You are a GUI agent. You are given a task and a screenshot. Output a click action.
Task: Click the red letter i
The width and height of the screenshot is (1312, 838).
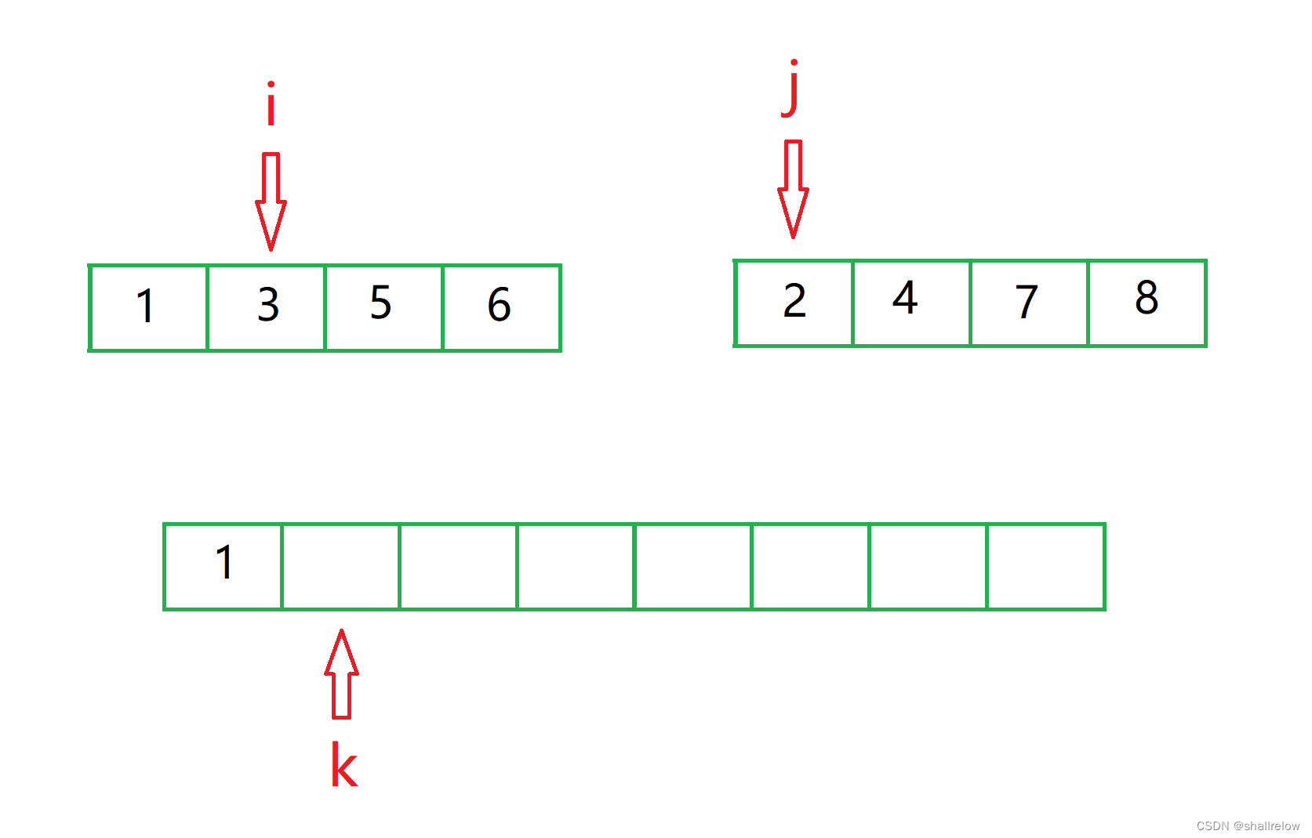271,104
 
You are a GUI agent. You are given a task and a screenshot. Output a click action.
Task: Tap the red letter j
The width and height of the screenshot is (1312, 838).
792,89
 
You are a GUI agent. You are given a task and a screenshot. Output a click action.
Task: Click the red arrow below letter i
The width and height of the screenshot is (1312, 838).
271,201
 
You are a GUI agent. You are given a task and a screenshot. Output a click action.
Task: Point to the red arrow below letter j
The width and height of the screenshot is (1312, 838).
793,189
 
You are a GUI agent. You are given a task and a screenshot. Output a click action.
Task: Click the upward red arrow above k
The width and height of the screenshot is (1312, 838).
341,674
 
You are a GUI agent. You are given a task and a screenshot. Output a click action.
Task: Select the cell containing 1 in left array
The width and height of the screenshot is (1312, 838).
148,308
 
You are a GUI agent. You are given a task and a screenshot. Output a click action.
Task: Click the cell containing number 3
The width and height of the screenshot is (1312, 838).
266,308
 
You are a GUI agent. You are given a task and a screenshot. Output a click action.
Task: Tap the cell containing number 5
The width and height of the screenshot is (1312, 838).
383,308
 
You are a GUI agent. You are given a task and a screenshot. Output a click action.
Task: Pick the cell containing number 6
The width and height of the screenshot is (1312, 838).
501,308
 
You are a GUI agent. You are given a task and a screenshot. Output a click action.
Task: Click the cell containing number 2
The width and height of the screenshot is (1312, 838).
794,303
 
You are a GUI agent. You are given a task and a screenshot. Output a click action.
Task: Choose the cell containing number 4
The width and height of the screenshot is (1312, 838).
911,303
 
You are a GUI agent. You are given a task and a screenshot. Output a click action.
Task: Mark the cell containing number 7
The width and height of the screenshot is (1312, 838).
1029,303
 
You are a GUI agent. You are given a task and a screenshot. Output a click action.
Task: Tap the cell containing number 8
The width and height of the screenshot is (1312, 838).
1147,303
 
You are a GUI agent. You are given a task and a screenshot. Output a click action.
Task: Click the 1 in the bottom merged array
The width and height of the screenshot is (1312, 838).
224,563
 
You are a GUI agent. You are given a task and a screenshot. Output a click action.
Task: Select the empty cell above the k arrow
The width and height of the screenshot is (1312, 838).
340,566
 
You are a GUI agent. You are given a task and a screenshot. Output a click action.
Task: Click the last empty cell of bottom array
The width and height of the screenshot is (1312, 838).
1045,566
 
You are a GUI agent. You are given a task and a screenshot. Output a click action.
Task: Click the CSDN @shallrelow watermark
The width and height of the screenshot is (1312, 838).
1248,825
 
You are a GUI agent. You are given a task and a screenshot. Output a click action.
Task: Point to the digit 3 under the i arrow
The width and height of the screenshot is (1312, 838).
268,305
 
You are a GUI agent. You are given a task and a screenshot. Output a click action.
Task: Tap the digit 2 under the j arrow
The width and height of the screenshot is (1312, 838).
794,301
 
